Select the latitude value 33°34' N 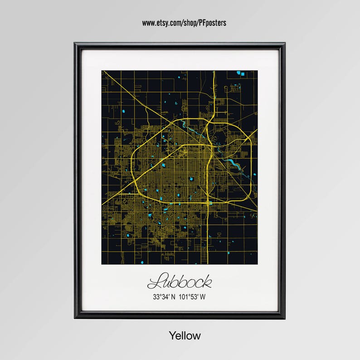point(163,297)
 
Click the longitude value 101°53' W point(192,297)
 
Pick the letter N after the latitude point(172,297)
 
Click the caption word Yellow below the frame point(185,336)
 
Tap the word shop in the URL point(188,23)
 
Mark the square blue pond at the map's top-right point(243,73)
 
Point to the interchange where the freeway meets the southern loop point(208,202)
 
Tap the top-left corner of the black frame point(75,44)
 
